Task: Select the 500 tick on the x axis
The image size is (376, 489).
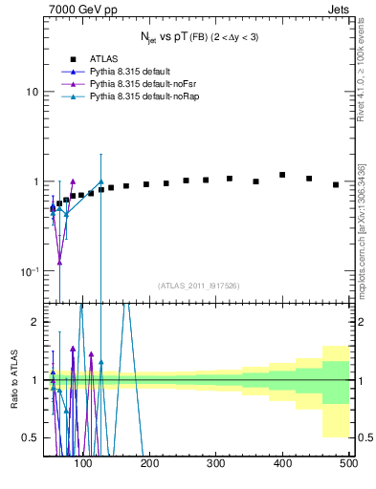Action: [348, 463]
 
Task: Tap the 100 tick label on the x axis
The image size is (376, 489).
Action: [84, 463]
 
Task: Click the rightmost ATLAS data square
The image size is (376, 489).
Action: [336, 184]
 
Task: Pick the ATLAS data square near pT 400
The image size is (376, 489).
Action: [282, 175]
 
